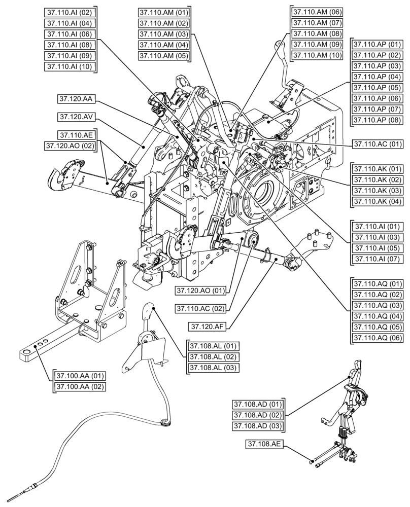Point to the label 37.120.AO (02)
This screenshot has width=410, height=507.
[71, 146]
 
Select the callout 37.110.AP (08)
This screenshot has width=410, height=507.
[377, 120]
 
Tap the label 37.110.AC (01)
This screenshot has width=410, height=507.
[377, 143]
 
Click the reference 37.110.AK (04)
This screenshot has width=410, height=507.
[377, 201]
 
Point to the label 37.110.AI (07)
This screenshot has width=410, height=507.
[377, 259]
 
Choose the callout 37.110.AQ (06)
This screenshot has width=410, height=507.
[377, 337]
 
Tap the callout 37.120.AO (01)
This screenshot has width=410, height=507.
[200, 291]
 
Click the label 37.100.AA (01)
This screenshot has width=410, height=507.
[80, 376]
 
